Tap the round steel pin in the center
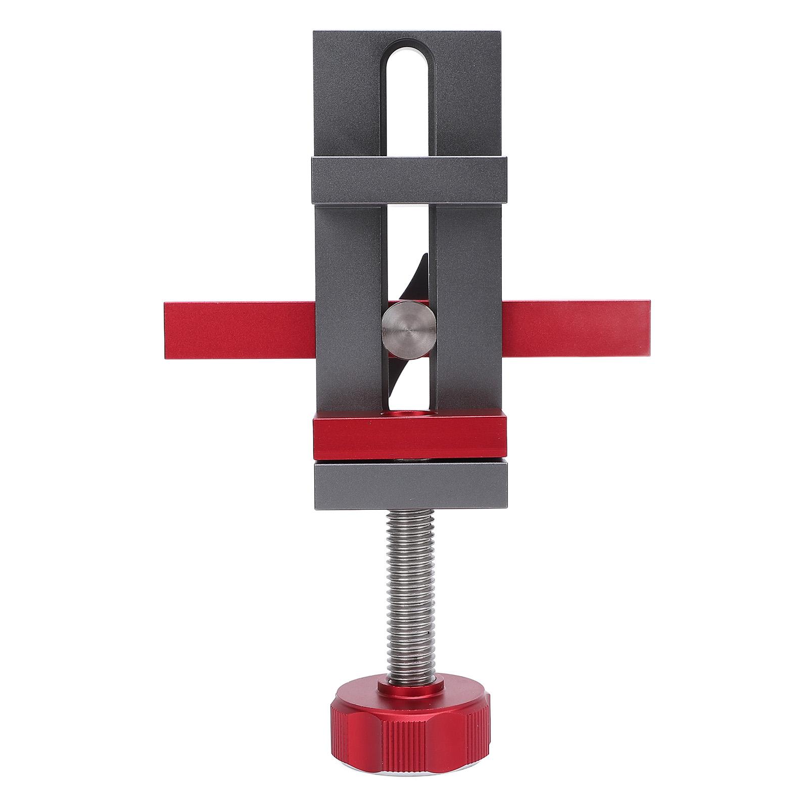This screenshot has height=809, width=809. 408,329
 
